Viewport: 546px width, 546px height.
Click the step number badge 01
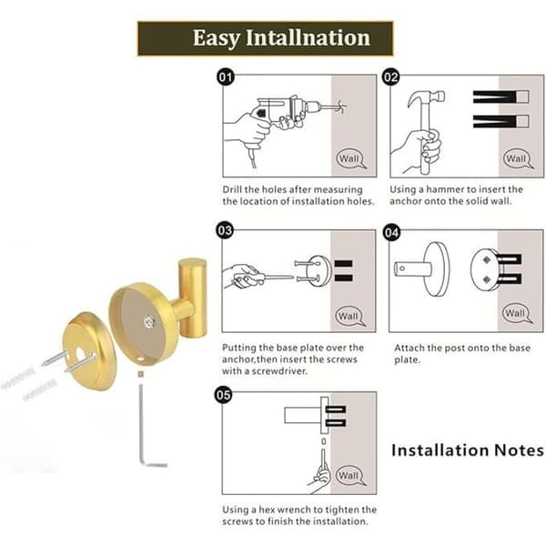226,77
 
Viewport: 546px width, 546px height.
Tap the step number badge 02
390,77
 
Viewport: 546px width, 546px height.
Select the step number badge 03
225,230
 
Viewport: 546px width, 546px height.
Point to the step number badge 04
391,233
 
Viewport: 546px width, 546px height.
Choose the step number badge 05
223,395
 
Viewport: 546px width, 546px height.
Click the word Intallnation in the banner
308,37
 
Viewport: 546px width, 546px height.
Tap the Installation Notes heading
468,450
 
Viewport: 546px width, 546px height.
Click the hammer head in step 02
426,98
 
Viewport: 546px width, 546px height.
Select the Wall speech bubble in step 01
350,158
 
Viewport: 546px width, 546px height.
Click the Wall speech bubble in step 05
350,475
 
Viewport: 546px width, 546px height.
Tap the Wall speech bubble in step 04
516,313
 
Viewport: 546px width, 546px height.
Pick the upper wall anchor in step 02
500,96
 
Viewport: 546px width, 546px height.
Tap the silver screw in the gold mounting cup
149,321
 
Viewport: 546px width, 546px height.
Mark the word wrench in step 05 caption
294,510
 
